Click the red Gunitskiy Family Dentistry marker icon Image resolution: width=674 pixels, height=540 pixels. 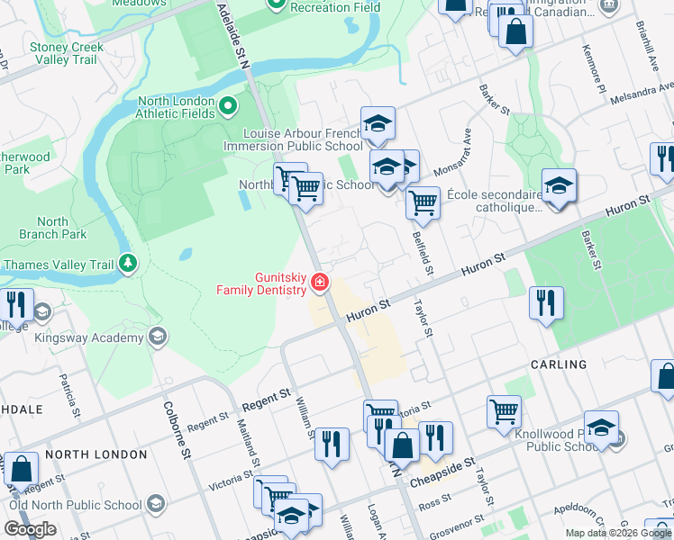click(x=319, y=283)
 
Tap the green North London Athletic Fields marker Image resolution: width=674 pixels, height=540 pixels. click(x=228, y=107)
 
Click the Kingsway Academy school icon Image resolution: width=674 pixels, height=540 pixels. click(x=158, y=337)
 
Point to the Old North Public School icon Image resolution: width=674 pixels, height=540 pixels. click(x=155, y=502)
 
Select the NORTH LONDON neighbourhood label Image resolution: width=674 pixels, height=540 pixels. click(x=96, y=454)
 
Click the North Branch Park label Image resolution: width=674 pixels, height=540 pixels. click(x=53, y=228)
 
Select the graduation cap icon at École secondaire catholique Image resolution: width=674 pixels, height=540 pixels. click(x=559, y=186)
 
